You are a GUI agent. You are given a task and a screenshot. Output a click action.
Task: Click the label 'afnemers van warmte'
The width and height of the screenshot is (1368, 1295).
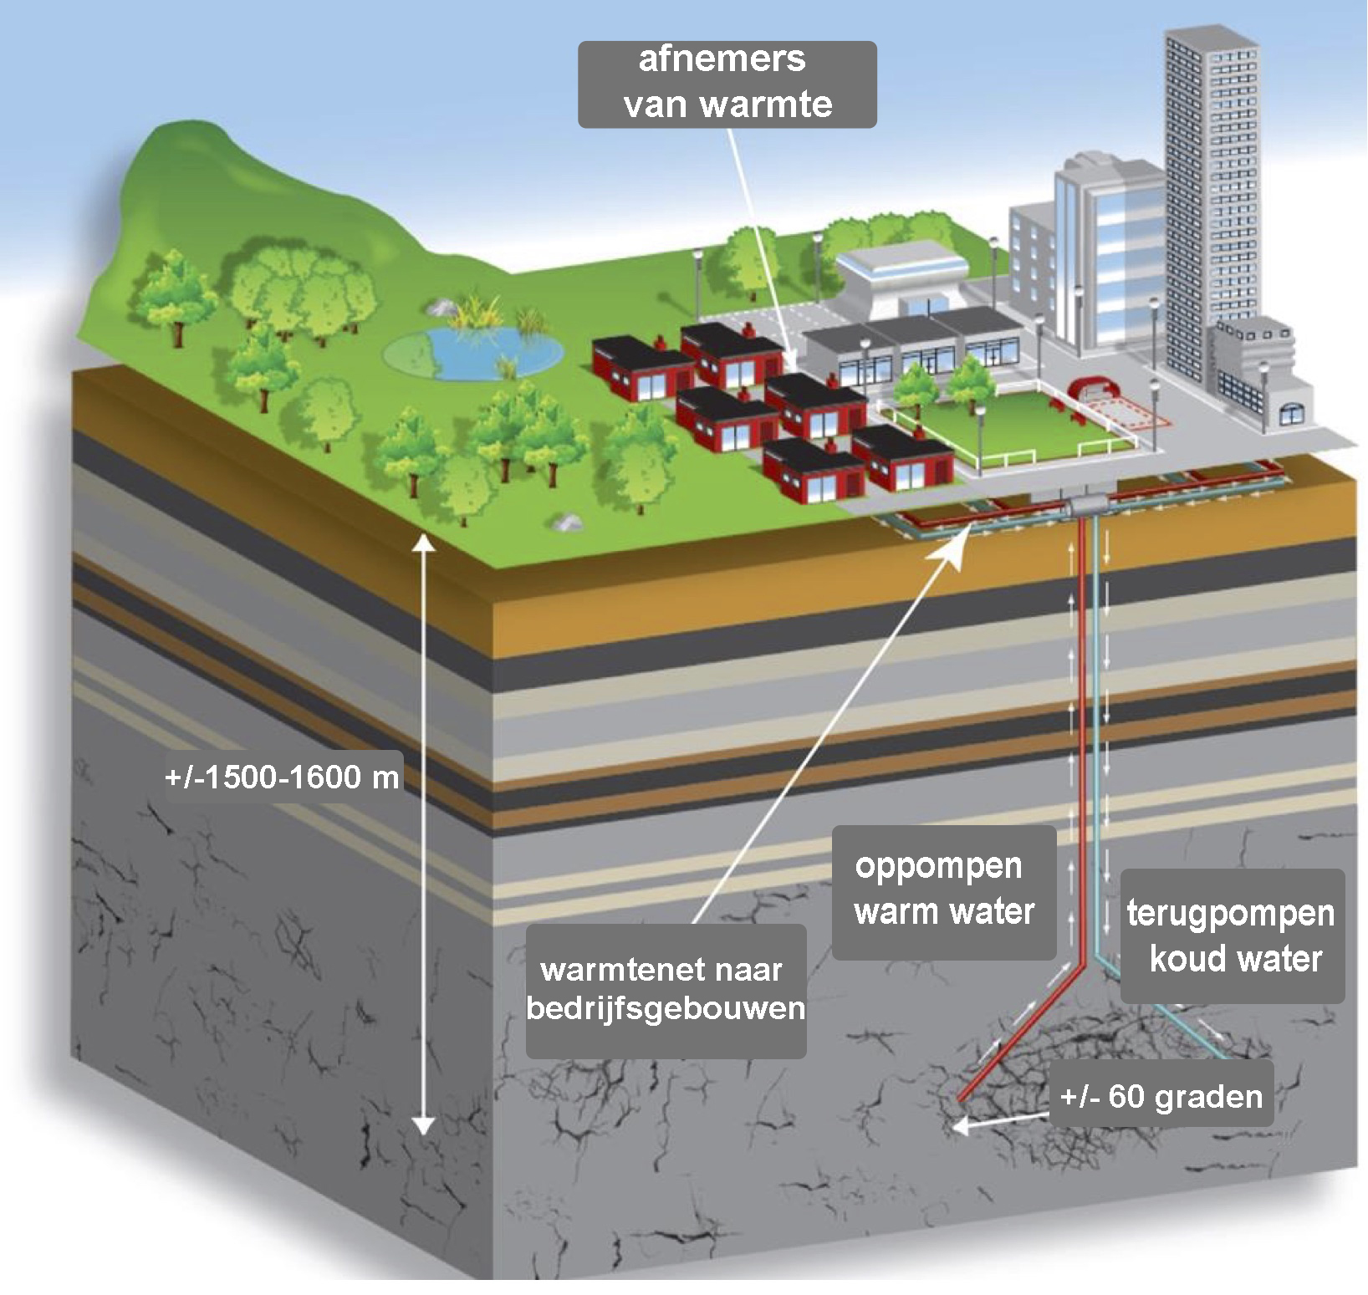pos(727,83)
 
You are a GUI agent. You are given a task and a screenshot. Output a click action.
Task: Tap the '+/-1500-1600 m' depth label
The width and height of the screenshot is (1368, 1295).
pos(282,778)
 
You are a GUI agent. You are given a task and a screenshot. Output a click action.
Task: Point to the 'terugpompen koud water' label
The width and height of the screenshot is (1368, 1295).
pos(1231,936)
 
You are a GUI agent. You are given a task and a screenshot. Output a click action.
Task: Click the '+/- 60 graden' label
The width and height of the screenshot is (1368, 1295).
pos(1161,1096)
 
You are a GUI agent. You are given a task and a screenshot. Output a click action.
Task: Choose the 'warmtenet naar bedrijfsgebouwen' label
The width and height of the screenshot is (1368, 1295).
pos(666,989)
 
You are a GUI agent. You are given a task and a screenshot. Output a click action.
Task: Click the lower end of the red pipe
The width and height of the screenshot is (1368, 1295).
pos(963,1096)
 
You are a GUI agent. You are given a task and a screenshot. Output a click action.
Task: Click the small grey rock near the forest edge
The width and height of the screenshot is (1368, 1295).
pos(566,522)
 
